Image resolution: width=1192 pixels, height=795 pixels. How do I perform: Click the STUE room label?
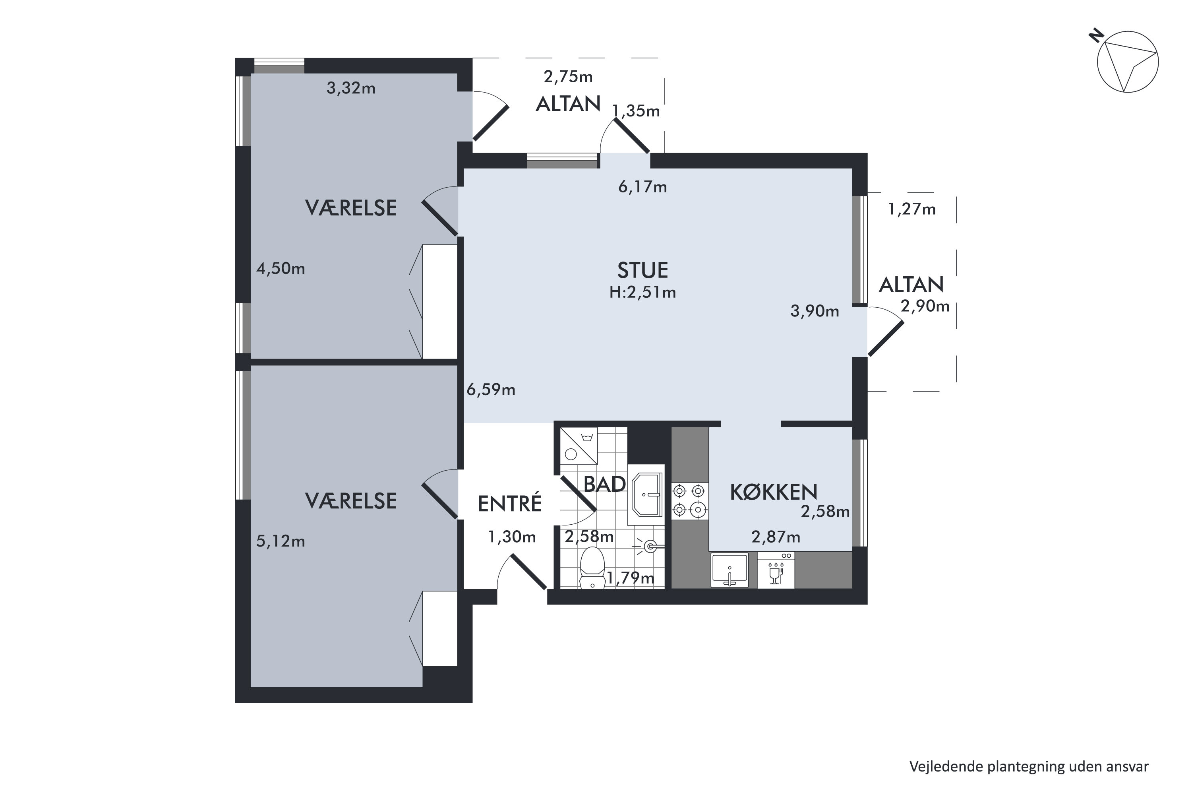point(642,270)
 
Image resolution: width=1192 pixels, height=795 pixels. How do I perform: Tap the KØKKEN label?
point(773,492)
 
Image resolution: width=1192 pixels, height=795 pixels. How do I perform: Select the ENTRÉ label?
point(510,504)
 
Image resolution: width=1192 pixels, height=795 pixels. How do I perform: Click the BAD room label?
point(605,484)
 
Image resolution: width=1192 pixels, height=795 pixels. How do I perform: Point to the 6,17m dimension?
point(642,187)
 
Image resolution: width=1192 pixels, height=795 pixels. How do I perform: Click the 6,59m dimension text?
point(491,390)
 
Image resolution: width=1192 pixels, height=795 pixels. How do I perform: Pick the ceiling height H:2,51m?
point(642,293)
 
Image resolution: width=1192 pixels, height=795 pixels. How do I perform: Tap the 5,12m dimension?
point(280,541)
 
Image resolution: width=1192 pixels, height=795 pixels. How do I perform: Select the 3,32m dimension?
point(351,88)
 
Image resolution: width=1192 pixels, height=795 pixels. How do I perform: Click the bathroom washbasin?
point(646,494)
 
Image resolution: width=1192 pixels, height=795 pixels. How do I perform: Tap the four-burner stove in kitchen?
point(690,500)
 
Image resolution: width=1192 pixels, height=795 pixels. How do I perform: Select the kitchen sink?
point(729,570)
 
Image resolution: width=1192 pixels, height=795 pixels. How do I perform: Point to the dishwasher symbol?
point(776,571)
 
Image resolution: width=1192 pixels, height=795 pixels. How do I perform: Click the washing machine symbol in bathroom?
point(578,446)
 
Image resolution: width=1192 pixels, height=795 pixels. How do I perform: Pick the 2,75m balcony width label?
point(568,77)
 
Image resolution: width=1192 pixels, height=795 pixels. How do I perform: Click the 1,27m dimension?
point(912,209)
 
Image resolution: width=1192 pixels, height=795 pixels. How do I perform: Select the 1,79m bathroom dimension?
point(631,578)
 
